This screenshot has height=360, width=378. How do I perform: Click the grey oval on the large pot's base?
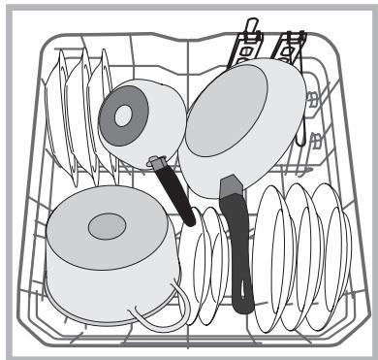[107, 228]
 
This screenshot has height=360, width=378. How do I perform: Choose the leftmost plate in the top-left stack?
[60, 107]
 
